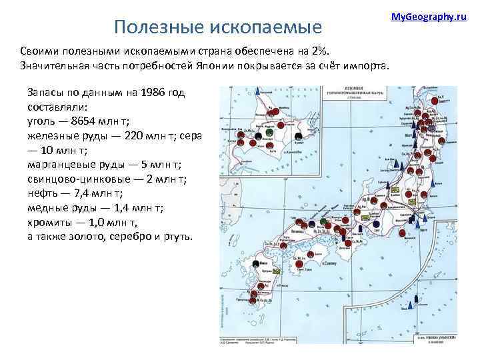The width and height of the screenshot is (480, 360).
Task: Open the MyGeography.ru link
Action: click(x=428, y=15)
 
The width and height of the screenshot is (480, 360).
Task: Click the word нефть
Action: click(x=42, y=193)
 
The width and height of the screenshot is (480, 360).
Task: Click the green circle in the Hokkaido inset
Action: click(x=268, y=133)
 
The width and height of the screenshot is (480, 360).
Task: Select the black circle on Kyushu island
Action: click(x=257, y=265)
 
